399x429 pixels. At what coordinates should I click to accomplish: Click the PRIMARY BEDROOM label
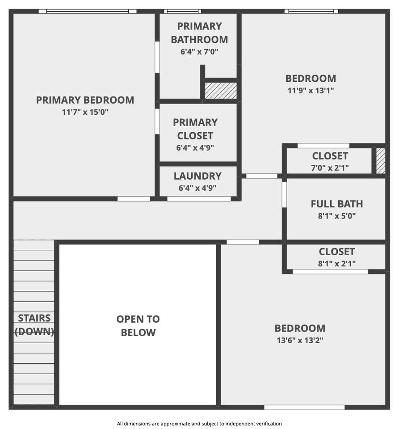point(85,100)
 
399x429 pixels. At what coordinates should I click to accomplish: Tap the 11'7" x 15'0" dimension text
point(85,112)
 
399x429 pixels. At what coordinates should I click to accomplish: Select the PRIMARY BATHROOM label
point(199,33)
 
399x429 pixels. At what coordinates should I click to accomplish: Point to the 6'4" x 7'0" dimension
point(199,51)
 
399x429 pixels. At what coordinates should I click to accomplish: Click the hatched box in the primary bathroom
point(221,91)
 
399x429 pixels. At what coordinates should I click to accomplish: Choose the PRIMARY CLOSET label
point(195,129)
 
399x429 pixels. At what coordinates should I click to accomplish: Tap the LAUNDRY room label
point(197,176)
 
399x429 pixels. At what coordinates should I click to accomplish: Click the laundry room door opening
point(199,199)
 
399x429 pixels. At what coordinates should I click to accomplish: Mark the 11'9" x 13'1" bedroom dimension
point(311,90)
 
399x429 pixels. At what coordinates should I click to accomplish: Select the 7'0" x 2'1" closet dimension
point(330,168)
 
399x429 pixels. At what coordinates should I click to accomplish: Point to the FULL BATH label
point(337,204)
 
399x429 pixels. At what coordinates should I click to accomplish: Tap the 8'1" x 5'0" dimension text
point(337,216)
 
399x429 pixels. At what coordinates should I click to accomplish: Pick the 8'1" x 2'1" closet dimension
point(337,264)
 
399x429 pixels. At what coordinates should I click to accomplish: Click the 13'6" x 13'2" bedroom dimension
point(300,341)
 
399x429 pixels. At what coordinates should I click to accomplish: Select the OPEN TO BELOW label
point(138,326)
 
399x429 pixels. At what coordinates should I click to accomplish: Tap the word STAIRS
point(34,318)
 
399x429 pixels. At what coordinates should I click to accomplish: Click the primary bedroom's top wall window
point(88,11)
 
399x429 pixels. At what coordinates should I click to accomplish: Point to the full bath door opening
point(285,194)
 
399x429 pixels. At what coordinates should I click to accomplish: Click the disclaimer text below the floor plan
point(199,424)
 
